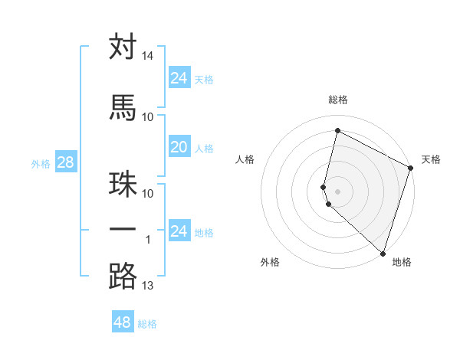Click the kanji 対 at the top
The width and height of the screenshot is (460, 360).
123,47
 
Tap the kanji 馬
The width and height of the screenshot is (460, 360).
123,108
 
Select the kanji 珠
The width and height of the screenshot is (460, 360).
123,185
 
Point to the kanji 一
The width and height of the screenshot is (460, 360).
123,231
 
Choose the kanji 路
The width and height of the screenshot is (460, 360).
123,277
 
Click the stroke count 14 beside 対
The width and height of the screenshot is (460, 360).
148,56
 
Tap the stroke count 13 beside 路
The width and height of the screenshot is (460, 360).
148,286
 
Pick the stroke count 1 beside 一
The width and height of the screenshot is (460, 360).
148,240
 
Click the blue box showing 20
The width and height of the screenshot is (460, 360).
179,148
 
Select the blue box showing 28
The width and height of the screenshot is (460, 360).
64,162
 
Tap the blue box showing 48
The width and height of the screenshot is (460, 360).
122,322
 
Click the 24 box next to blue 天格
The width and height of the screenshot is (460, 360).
179,78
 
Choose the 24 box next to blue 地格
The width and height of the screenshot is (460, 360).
179,231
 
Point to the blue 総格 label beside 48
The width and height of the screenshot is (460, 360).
147,324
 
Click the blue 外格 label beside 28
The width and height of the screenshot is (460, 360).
41,164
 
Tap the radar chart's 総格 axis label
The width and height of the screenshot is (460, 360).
338,100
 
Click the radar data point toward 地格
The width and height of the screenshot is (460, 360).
383,254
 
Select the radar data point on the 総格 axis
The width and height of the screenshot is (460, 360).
337,131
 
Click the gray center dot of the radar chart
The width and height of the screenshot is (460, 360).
337,190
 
